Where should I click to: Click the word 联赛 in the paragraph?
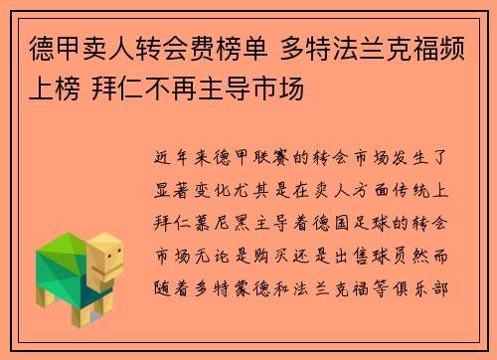(273, 156)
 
